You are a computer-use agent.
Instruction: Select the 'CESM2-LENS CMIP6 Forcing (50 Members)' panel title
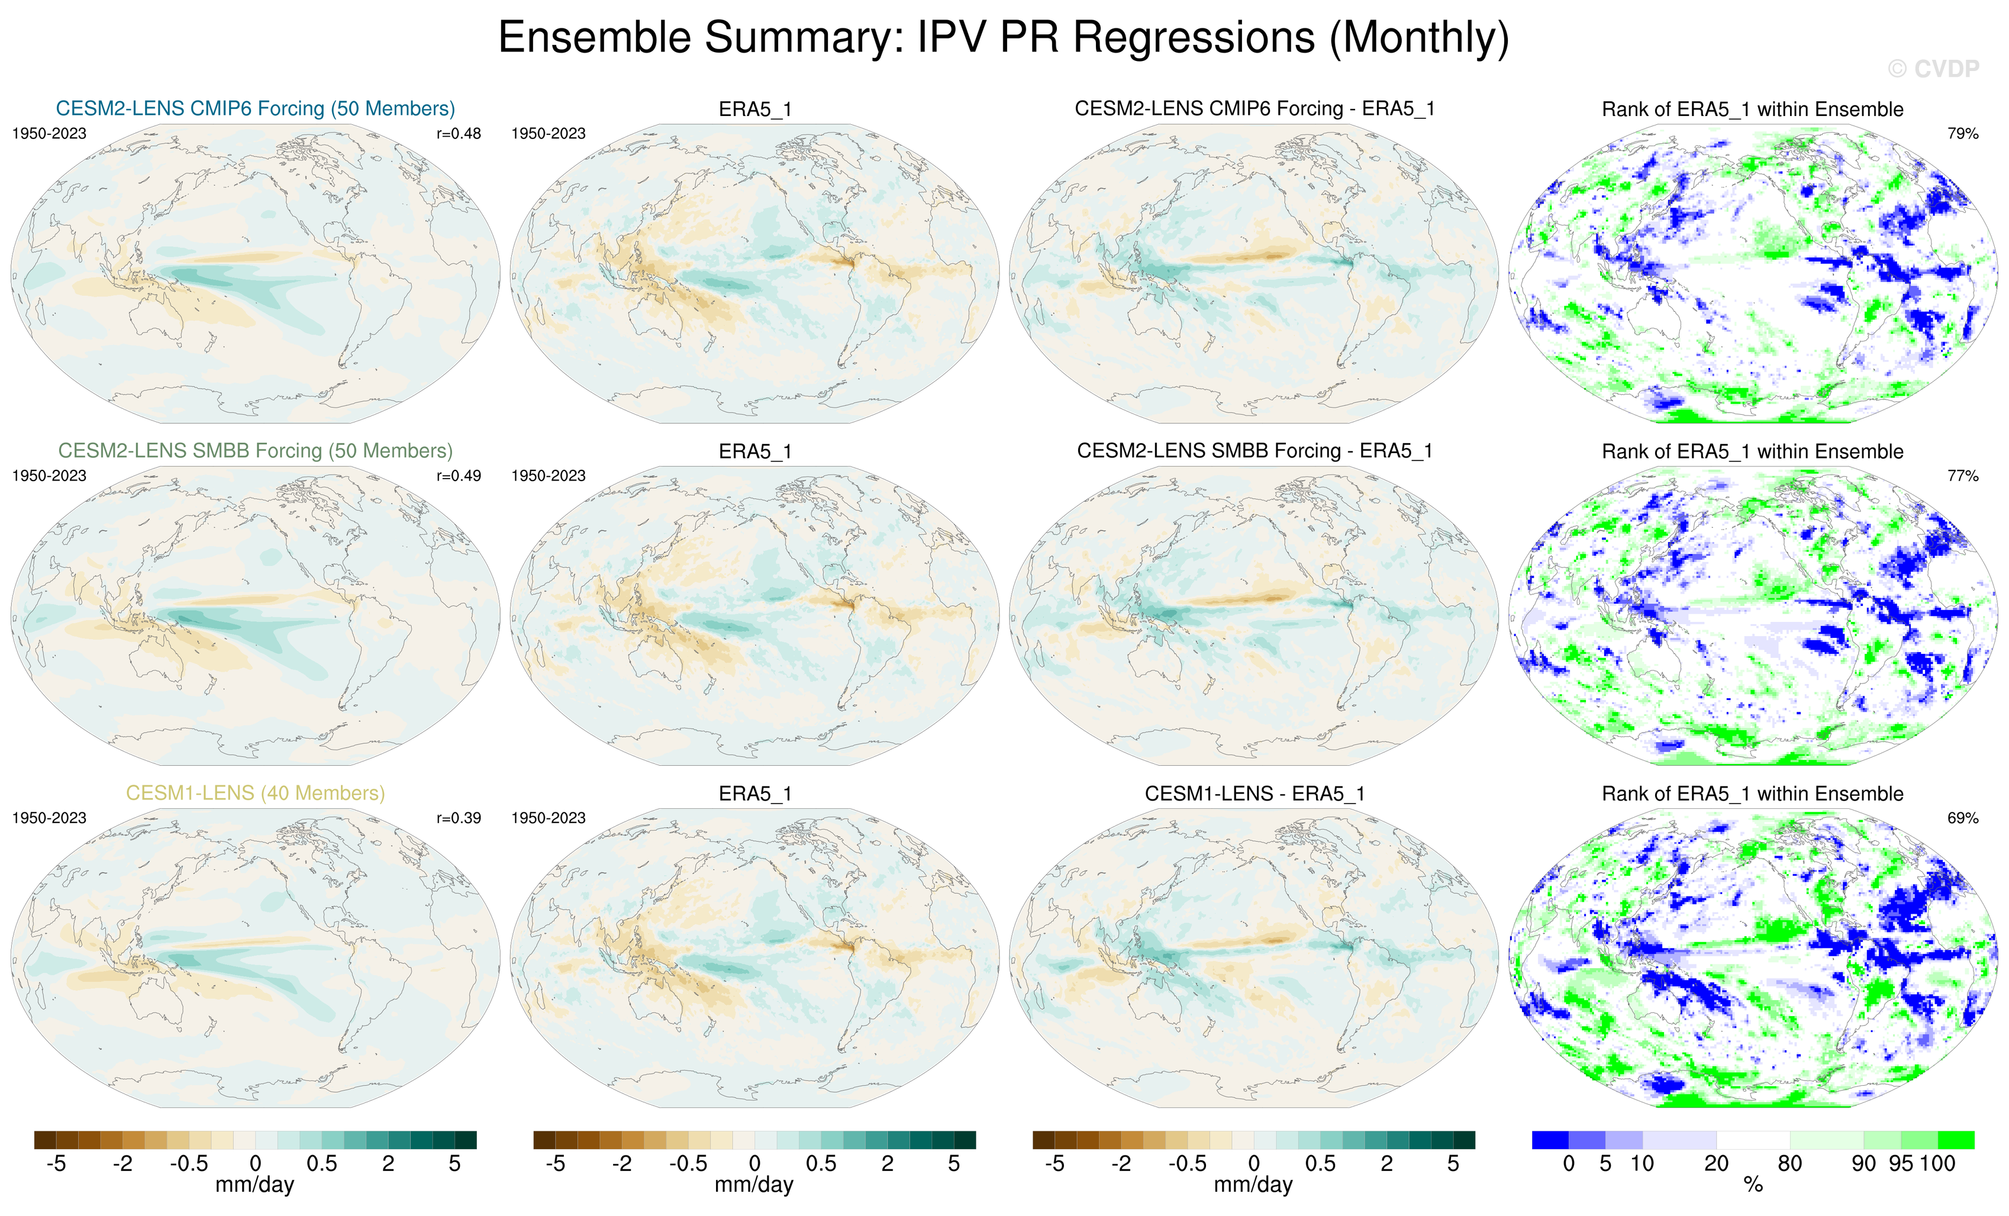coord(255,108)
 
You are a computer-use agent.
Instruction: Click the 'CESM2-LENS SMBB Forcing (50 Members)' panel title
coord(255,451)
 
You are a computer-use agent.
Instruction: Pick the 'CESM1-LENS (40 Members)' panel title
coord(255,793)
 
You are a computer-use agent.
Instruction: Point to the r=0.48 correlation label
coord(458,134)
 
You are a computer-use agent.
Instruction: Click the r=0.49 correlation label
coord(458,476)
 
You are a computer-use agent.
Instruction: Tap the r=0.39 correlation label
coord(458,818)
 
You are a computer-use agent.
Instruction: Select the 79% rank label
coord(1962,134)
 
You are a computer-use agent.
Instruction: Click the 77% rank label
coord(1962,476)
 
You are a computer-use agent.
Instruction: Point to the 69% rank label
coord(1962,818)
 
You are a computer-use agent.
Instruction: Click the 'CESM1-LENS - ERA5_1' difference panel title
coord(1255,794)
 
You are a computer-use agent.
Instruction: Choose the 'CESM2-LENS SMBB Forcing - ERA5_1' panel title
coord(1255,451)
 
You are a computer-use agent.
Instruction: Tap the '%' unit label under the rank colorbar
coord(1753,1186)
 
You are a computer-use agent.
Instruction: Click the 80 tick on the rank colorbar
coord(1789,1164)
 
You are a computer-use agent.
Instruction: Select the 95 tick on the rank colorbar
coord(1901,1164)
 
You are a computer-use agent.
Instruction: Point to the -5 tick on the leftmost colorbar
coord(56,1164)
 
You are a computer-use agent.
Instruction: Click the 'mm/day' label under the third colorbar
coord(1253,1185)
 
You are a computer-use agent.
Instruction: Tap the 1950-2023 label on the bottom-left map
coord(49,818)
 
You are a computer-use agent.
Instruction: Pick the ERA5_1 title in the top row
coord(755,109)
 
